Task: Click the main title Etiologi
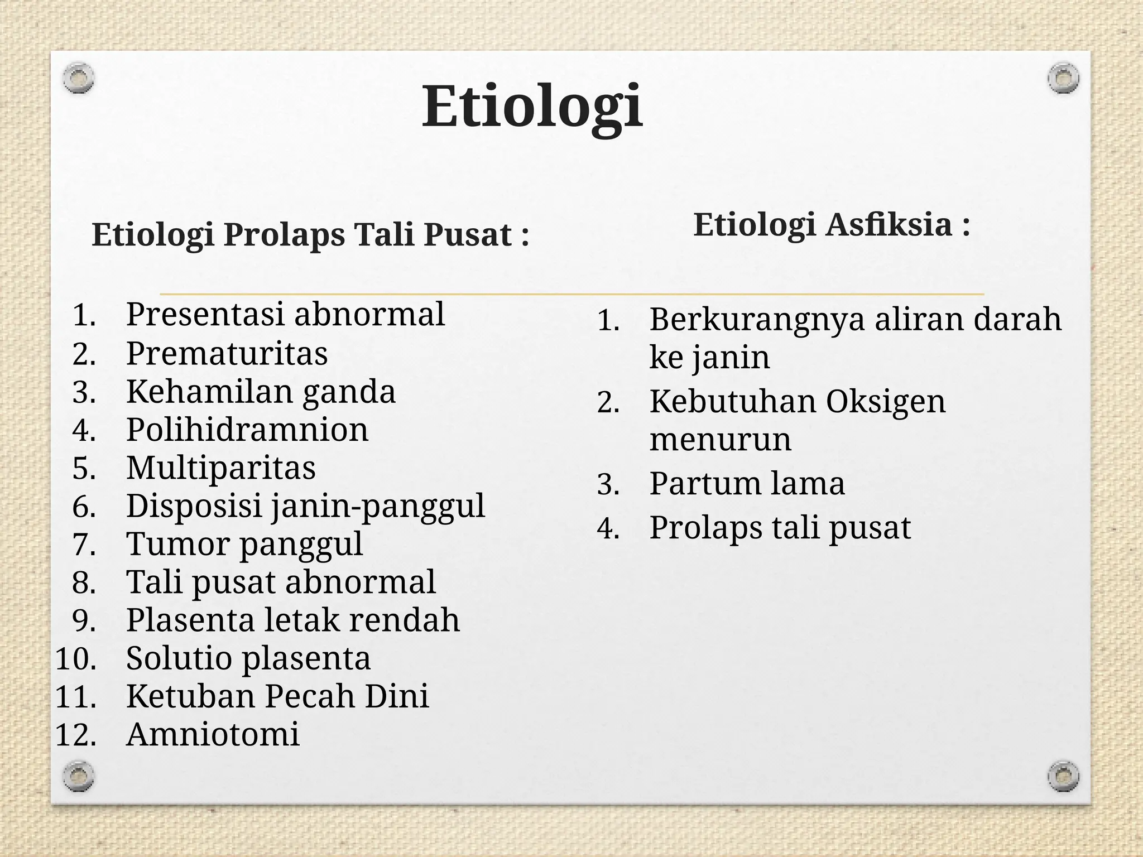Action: [x=532, y=106]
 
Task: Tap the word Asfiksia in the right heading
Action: [x=889, y=225]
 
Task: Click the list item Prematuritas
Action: [x=227, y=354]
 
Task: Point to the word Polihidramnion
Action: [x=247, y=430]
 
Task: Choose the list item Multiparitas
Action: [x=221, y=468]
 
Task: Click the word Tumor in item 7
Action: [x=177, y=544]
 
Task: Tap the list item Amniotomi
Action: [x=213, y=735]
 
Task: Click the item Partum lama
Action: [x=747, y=484]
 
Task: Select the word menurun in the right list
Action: [x=720, y=440]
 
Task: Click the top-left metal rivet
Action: [x=78, y=78]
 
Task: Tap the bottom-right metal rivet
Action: [x=1063, y=776]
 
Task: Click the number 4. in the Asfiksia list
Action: [x=608, y=528]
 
